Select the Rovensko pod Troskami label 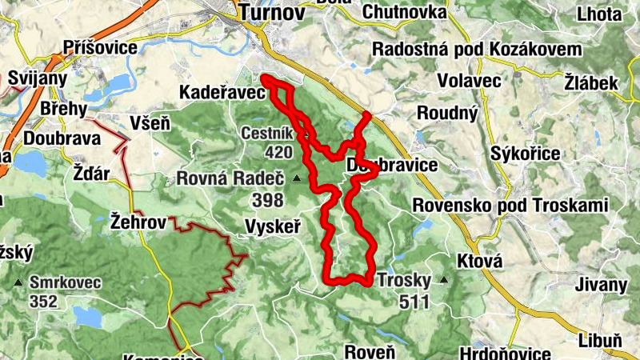510,206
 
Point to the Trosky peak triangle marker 443,281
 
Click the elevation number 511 416,302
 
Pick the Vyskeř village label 274,227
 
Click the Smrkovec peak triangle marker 18,282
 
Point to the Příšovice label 101,48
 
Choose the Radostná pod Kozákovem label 477,50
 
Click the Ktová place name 479,262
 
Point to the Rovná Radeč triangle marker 298,178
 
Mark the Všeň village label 150,123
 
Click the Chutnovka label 404,12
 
